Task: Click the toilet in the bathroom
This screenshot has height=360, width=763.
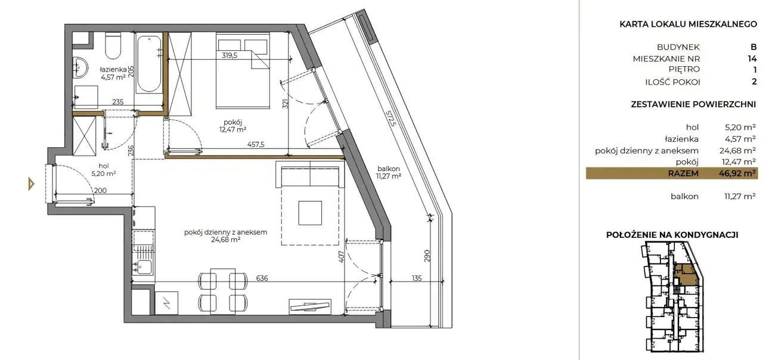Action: [113, 46]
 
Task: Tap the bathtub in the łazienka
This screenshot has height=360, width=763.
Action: [149, 64]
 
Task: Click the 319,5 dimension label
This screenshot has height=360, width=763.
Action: [229, 55]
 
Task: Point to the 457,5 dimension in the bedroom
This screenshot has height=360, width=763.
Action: [256, 144]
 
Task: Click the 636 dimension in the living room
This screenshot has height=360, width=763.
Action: [262, 278]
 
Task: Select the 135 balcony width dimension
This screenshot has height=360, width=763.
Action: [417, 278]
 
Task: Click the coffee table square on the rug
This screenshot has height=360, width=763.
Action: [310, 213]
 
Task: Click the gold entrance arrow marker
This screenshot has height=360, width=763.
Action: [32, 184]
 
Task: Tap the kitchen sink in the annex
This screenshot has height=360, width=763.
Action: [144, 266]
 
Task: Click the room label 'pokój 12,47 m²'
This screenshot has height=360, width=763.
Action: [232, 126]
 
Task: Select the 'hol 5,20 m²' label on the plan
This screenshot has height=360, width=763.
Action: [104, 170]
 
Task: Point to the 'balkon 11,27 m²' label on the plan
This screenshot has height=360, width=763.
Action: [389, 172]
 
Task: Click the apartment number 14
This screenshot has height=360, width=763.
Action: [752, 58]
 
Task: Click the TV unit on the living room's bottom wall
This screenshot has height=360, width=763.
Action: [309, 307]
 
